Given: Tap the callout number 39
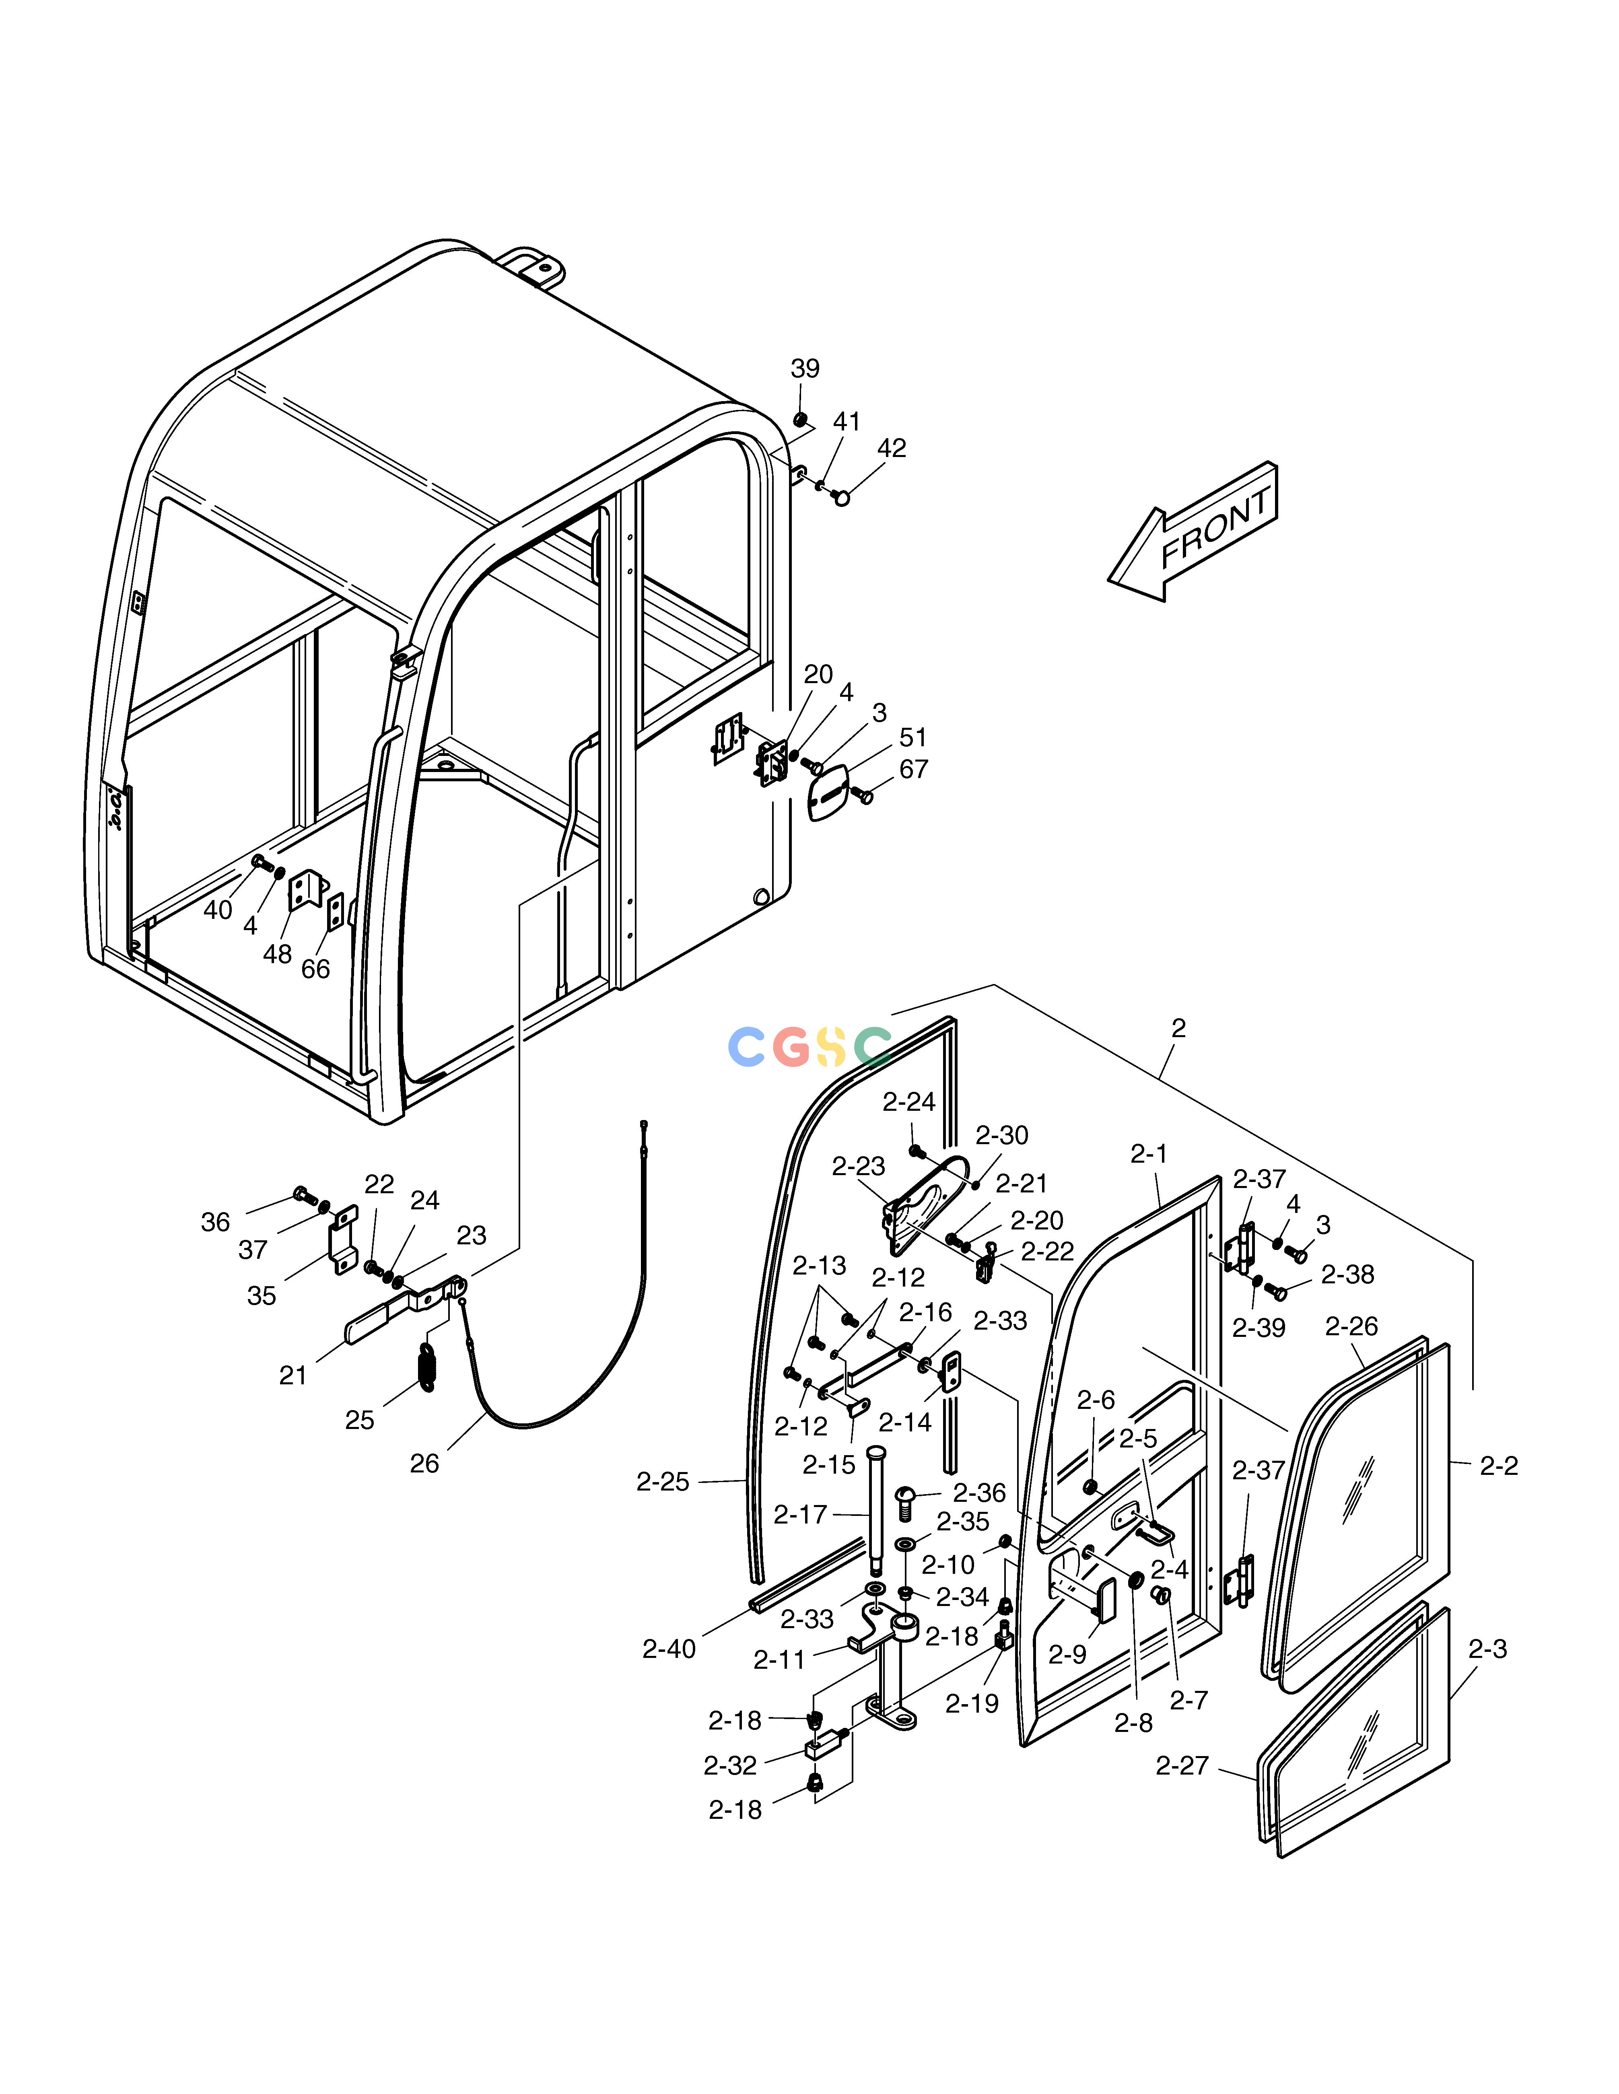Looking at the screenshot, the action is click(805, 369).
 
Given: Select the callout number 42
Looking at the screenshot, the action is click(891, 449).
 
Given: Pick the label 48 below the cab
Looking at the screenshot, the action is click(277, 954).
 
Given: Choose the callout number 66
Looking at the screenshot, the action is click(315, 969).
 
